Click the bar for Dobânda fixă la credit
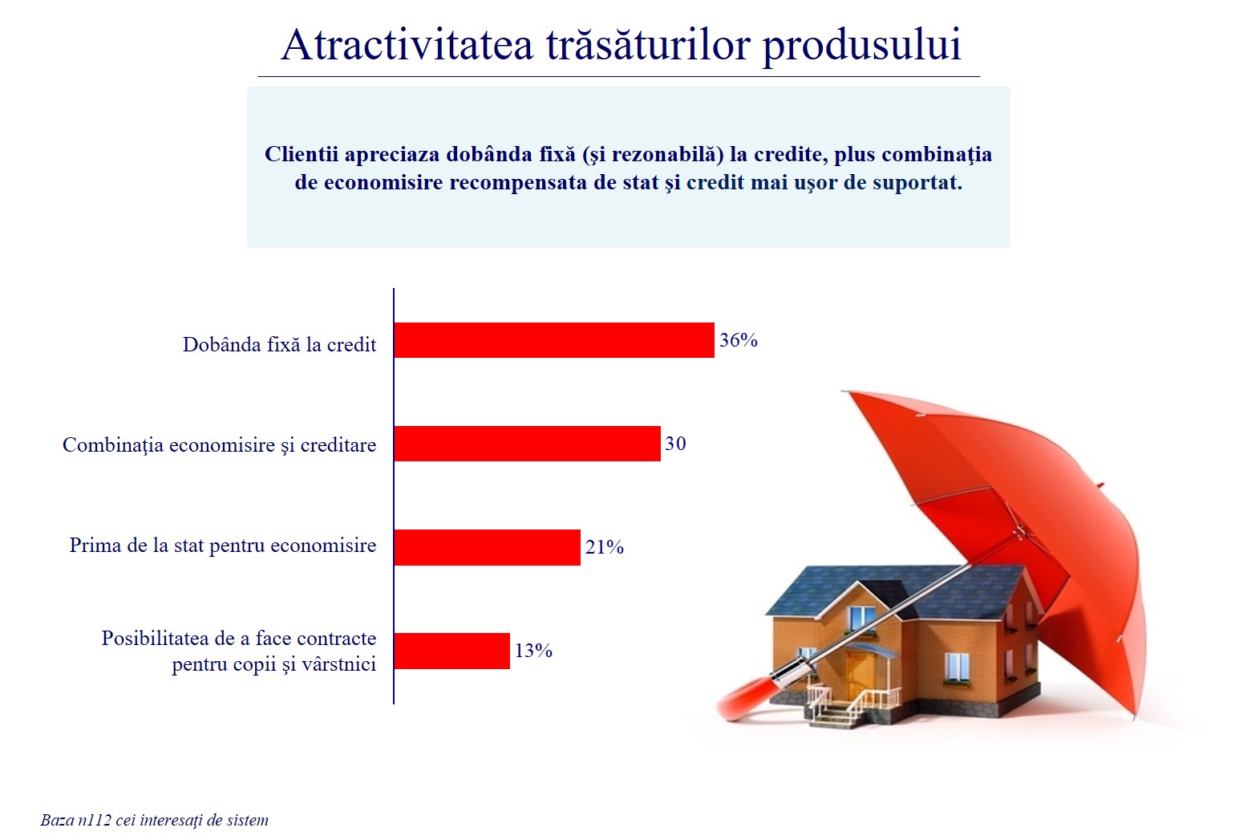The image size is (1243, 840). pyautogui.click(x=554, y=340)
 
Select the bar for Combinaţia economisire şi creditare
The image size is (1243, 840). pyautogui.click(x=527, y=444)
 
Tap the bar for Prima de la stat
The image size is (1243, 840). pyautogui.click(x=488, y=547)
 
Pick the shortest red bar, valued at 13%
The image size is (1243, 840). pyautogui.click(x=451, y=651)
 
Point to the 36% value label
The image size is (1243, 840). pyautogui.click(x=739, y=340)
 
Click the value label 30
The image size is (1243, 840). pyautogui.click(x=675, y=444)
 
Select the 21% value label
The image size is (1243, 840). pyautogui.click(x=605, y=547)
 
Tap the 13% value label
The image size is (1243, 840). pyautogui.click(x=534, y=651)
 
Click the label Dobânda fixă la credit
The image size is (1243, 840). pyautogui.click(x=280, y=344)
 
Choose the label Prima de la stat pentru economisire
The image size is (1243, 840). pyautogui.click(x=223, y=546)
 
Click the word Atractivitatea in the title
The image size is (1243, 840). pyautogui.click(x=407, y=44)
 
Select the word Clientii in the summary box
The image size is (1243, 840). pyautogui.click(x=302, y=154)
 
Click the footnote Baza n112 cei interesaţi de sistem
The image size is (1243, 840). pyautogui.click(x=154, y=821)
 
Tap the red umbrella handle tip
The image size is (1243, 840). pyautogui.click(x=731, y=708)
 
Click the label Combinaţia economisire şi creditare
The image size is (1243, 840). pyautogui.click(x=220, y=445)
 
